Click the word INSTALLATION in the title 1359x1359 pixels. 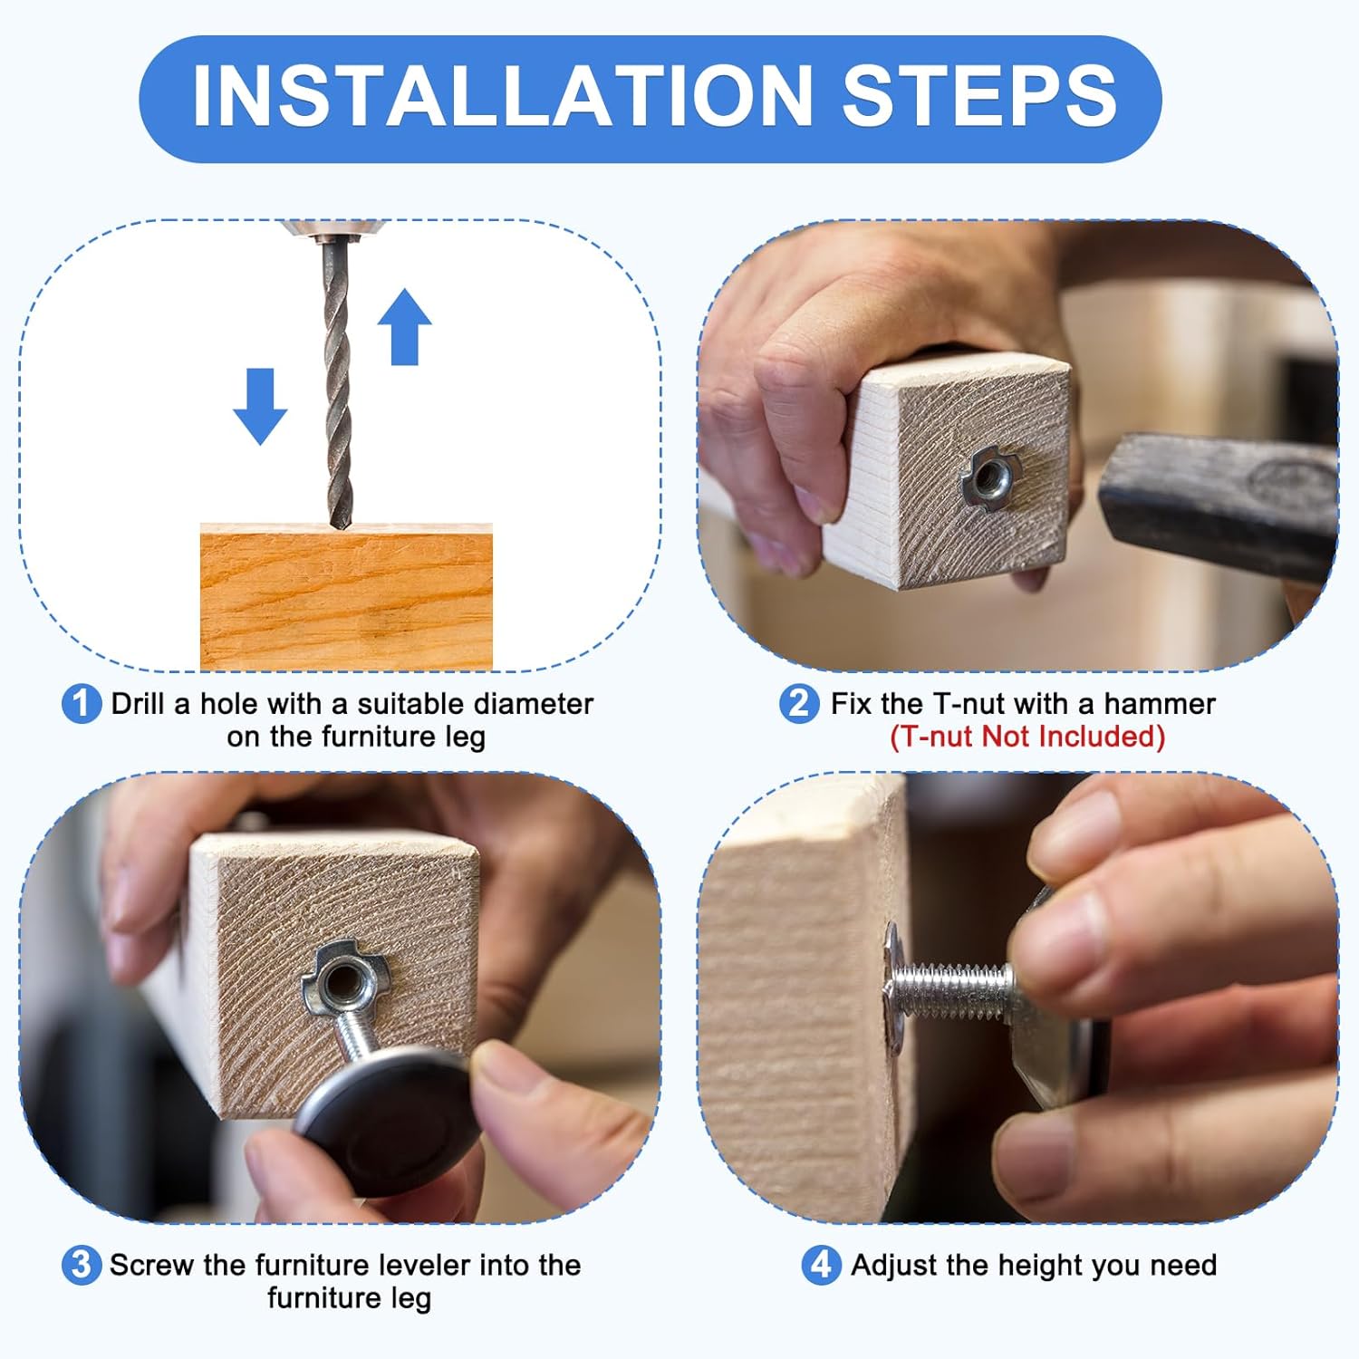coord(503,96)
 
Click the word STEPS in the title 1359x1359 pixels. coord(980,96)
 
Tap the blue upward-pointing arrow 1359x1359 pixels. coord(404,327)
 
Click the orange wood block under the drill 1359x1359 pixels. coord(346,597)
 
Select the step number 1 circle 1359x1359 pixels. coord(82,705)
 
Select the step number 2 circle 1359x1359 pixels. coord(799,704)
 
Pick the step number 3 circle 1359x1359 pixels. coord(82,1265)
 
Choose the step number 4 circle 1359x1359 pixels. coord(821,1265)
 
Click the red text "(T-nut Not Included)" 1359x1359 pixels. coord(1027,737)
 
